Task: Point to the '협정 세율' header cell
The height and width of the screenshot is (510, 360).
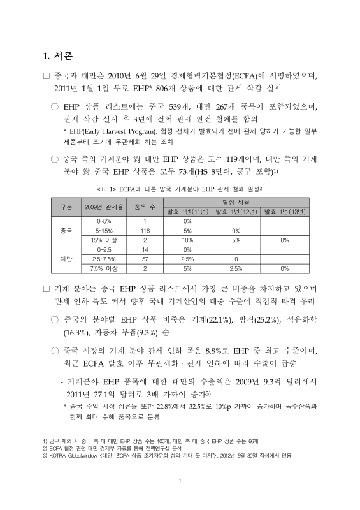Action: tap(237, 201)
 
